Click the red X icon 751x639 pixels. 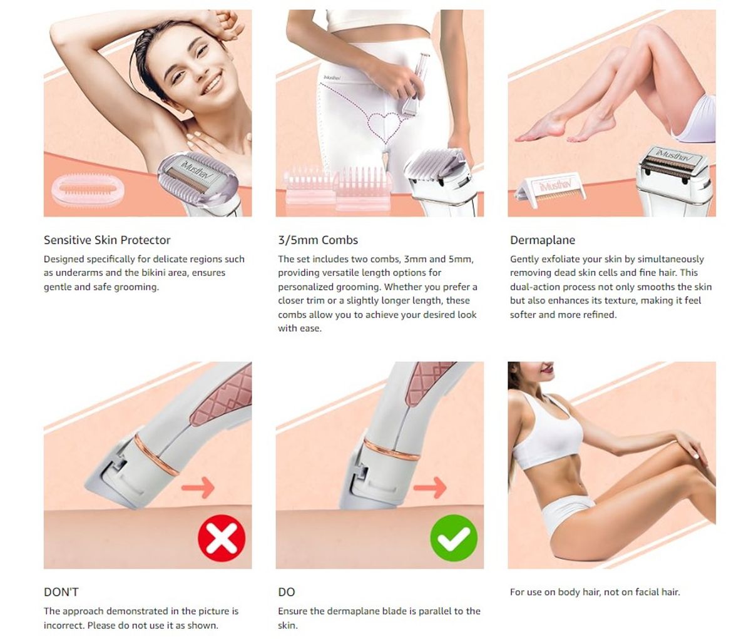222,538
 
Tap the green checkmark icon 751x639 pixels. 454,538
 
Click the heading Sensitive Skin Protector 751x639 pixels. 107,240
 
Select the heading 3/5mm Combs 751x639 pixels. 318,240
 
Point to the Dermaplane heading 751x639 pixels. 543,240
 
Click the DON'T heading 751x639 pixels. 61,592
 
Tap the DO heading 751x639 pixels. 287,592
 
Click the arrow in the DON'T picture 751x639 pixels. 198,488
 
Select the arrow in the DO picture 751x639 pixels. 430,488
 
